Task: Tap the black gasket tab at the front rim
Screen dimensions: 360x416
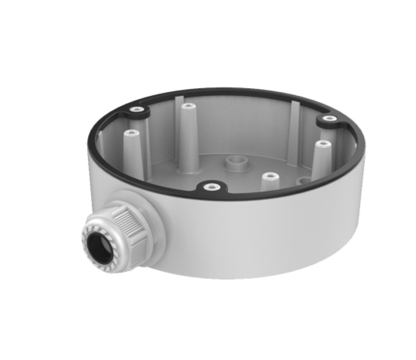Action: pos(210,187)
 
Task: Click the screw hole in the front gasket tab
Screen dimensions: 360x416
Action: pos(210,186)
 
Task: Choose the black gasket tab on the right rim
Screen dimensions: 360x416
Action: pos(328,119)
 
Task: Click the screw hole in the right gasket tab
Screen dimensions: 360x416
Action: pos(329,118)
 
